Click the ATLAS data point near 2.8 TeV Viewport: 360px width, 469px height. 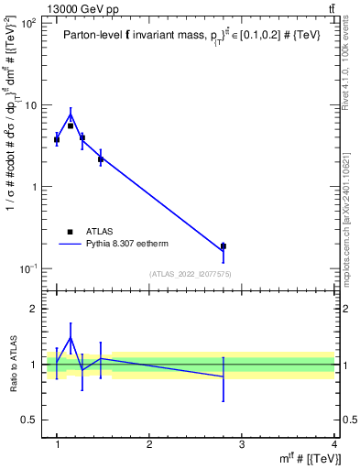pos(248,245)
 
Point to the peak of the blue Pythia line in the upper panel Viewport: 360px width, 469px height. pos(71,115)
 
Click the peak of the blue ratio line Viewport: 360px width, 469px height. pos(71,338)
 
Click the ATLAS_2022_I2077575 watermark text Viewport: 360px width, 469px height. pos(190,273)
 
